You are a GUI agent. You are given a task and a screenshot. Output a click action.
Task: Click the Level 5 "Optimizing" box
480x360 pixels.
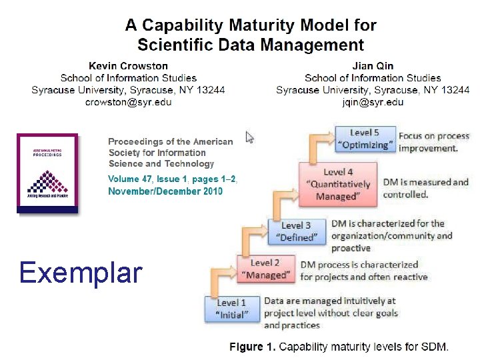[364, 139]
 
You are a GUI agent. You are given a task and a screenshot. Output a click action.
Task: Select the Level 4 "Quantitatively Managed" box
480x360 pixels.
[338, 184]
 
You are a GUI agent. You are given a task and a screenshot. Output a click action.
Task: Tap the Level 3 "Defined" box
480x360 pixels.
[296, 231]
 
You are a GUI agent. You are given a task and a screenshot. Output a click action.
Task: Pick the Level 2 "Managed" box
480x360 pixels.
[265, 269]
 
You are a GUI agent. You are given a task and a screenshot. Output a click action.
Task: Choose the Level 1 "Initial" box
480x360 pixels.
[231, 309]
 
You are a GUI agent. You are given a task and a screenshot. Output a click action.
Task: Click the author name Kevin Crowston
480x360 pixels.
[128, 66]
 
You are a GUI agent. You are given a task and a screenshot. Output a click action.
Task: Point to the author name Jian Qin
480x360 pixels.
[373, 66]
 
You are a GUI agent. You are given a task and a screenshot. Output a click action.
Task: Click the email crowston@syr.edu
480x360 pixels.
[128, 102]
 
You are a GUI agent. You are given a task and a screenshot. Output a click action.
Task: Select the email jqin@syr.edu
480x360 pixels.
[373, 102]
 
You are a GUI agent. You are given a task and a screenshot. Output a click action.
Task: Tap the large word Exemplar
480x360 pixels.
[81, 273]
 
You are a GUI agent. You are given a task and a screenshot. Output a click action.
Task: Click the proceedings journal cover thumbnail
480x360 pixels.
[47, 173]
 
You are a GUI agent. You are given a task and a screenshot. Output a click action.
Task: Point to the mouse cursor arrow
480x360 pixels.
[250, 137]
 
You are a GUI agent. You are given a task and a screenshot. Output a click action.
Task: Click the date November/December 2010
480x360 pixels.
[165, 191]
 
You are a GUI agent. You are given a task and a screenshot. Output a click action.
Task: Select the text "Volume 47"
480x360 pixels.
[129, 179]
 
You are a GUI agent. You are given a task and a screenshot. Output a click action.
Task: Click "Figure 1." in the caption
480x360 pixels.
[253, 347]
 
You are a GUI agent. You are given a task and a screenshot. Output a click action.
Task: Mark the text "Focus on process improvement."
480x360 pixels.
[433, 142]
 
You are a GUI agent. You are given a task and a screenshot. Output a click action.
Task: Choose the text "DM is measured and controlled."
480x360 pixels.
[425, 188]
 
